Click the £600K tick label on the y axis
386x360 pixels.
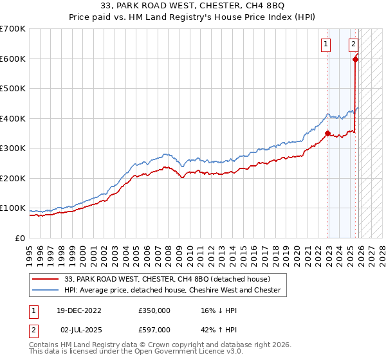click(13, 59)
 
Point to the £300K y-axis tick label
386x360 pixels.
click(13, 148)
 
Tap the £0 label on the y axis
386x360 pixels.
click(19, 238)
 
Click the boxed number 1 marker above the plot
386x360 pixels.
click(327, 44)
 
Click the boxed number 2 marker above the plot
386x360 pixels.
click(353, 44)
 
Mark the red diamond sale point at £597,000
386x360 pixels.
click(356, 60)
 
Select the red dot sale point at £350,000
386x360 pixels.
click(328, 134)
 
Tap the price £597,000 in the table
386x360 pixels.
click(154, 329)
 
